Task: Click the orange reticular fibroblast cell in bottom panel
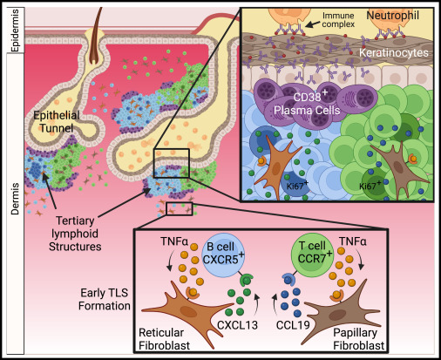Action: (183, 304)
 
